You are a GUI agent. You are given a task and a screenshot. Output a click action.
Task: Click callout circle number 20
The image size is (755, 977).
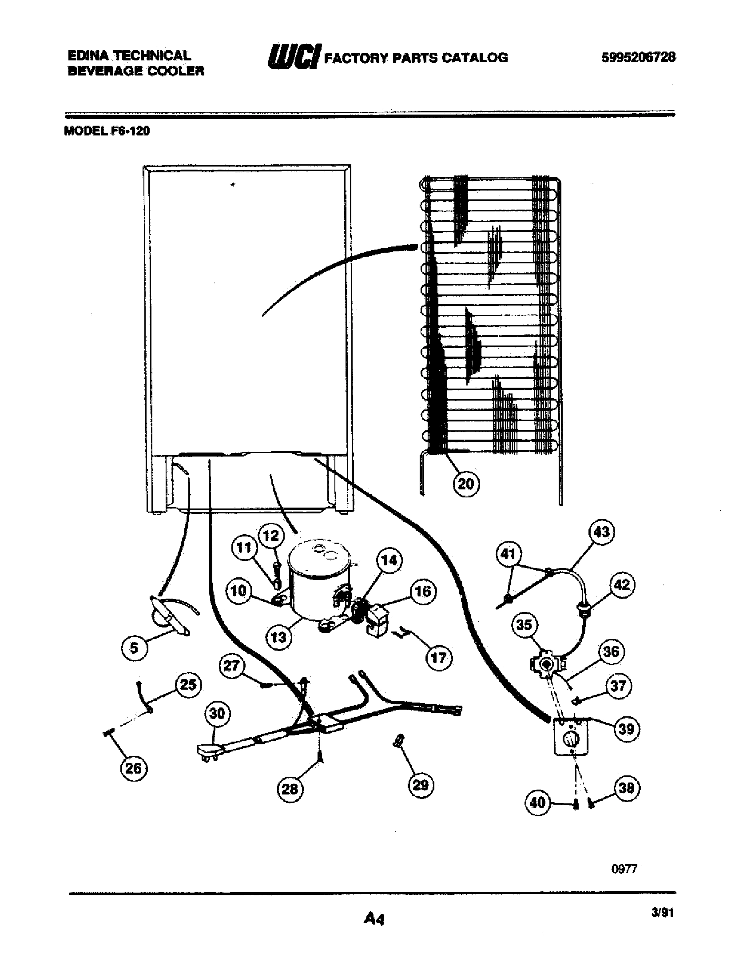pyautogui.click(x=466, y=484)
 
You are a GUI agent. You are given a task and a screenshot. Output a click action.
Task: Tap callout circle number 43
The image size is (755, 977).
pyautogui.click(x=602, y=532)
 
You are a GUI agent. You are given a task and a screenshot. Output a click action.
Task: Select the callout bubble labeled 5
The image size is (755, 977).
pyautogui.click(x=134, y=648)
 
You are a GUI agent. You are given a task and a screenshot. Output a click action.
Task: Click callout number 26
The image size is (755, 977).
pyautogui.click(x=134, y=769)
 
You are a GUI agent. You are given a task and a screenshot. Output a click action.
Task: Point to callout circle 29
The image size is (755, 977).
pyautogui.click(x=421, y=785)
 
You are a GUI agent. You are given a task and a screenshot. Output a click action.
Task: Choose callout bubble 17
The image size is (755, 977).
pyautogui.click(x=439, y=658)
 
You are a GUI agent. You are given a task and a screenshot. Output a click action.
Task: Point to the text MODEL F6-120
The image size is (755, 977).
pyautogui.click(x=107, y=131)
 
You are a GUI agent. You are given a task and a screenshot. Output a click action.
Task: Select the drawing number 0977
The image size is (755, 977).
pyautogui.click(x=624, y=869)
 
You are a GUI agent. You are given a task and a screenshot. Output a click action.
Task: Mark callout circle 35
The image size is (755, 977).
pyautogui.click(x=524, y=624)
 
